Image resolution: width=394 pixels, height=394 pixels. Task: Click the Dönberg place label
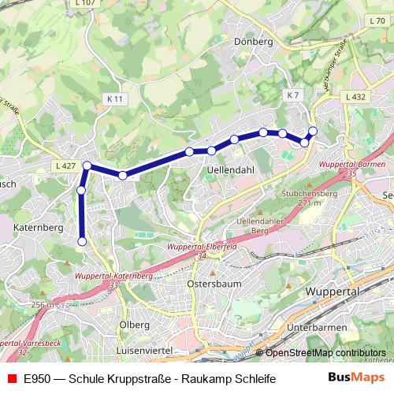(253, 41)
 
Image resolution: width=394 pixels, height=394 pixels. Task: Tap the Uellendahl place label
(229, 169)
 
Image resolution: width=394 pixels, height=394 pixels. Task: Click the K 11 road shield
(114, 98)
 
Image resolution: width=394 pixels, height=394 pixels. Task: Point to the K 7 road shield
(293, 95)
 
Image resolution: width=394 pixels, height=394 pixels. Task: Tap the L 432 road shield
(355, 96)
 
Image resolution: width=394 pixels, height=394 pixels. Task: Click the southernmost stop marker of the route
(82, 241)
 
